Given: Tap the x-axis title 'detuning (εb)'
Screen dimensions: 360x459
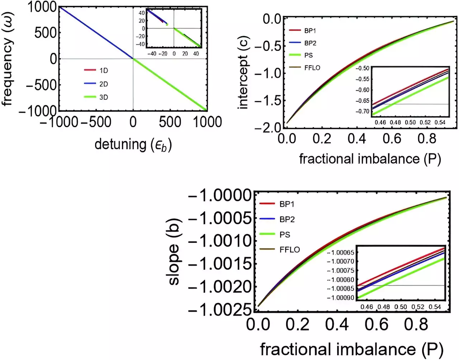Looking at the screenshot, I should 133,145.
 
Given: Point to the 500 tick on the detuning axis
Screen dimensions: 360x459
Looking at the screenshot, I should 170,122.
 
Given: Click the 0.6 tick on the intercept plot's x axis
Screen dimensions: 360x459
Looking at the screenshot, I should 392,138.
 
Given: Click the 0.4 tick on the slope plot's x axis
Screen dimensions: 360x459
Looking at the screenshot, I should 337,324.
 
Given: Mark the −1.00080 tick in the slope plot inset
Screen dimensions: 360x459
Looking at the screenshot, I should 340,280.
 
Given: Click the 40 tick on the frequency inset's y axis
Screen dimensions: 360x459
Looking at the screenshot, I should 142,13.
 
